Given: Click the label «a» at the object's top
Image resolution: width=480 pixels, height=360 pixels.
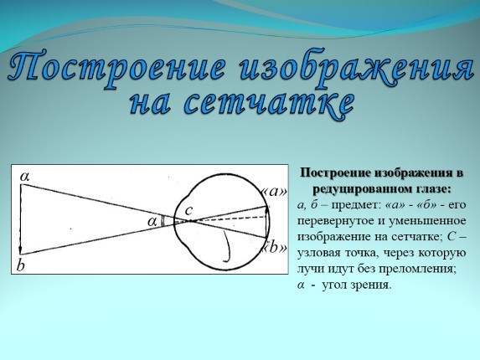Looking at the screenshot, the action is [24, 177].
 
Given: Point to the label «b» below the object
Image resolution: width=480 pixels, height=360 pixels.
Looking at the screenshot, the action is [20, 265].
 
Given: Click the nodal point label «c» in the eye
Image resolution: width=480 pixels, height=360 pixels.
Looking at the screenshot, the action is [189, 210].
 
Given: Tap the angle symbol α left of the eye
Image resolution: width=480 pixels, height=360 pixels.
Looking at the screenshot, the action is [152, 221].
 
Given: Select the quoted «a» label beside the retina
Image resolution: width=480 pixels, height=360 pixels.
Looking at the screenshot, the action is [274, 192].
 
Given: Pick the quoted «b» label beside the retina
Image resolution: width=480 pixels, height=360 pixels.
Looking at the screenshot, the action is [275, 247].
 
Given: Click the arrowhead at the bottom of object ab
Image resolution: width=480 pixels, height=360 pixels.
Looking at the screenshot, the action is [21, 250].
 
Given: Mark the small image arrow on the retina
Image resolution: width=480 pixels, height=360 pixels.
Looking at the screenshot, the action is [267, 222].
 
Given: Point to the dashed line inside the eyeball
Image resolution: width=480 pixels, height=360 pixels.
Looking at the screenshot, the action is [227, 219].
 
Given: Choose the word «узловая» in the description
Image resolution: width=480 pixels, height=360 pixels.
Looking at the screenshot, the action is [318, 253].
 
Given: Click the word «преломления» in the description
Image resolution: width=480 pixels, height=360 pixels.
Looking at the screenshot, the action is [416, 269].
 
